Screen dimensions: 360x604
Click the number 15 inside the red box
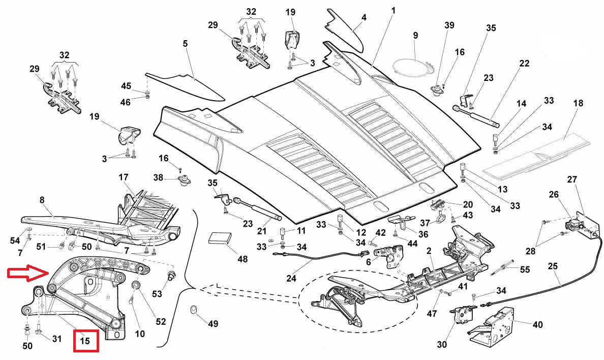[x=85, y=341]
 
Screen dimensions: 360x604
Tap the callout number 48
[x=242, y=259]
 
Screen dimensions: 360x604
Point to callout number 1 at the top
[x=393, y=10]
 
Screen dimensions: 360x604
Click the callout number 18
[x=578, y=103]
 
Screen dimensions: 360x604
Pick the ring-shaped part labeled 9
[x=412, y=67]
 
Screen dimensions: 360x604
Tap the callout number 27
[x=572, y=179]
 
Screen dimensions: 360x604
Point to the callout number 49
[x=213, y=323]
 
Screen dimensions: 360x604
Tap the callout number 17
[x=123, y=177]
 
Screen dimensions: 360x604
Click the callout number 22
[x=524, y=64]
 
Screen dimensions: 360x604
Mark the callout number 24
[x=291, y=279]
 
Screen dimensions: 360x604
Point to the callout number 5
[x=185, y=44]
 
